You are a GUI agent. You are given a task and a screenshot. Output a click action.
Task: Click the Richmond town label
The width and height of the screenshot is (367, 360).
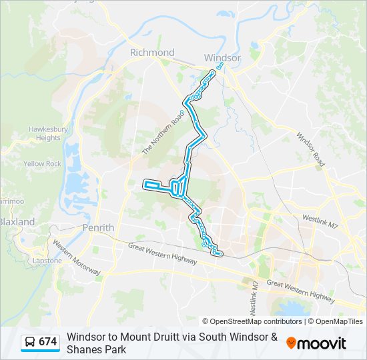pos(152,53)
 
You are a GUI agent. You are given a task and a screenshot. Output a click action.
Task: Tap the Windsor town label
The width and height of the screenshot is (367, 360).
pos(222,58)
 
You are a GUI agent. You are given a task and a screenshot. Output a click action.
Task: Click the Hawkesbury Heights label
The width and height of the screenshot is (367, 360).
pos(44,133)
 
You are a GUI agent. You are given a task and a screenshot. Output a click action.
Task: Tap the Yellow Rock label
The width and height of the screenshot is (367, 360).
pos(42,164)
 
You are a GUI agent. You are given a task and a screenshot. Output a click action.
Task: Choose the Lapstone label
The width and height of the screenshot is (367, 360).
pos(47,261)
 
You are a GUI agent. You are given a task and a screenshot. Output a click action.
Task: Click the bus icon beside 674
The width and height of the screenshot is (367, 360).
pos(30,343)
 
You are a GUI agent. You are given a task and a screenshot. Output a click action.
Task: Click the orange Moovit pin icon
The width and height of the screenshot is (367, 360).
pos(291,343)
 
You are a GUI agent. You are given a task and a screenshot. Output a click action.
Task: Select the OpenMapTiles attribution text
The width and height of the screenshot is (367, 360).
pos(339,321)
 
